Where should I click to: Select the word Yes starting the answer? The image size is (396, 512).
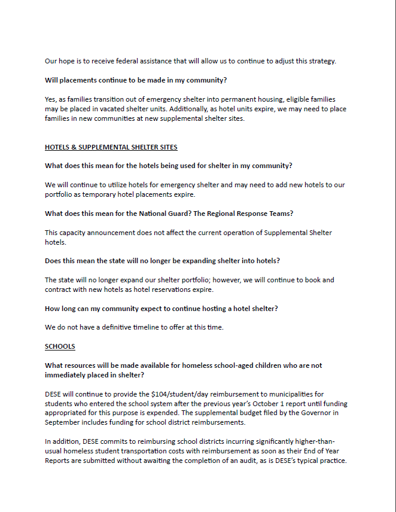coord(51,100)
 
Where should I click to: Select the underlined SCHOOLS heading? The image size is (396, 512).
coord(60,346)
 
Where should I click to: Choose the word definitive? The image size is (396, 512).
coord(122,328)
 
